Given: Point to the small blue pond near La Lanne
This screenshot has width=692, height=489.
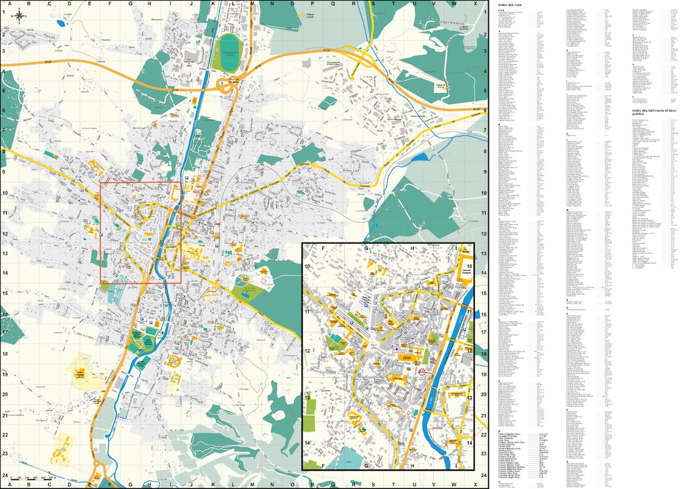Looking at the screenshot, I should point(59,24).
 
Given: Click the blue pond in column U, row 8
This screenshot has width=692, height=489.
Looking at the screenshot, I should point(420,157).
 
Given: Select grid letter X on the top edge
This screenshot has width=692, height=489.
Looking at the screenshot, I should point(474,4).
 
